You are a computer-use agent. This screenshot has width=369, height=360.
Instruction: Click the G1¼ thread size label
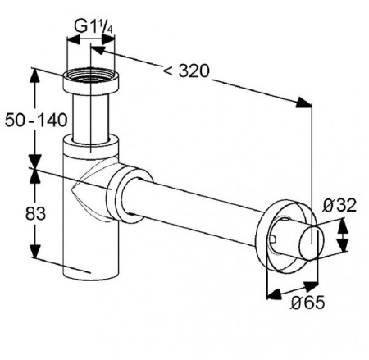tap(93, 27)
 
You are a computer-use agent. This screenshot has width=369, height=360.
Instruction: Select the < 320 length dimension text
tap(186, 71)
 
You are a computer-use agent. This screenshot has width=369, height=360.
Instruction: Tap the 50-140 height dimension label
tap(36, 120)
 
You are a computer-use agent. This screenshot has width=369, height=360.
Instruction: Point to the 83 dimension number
tap(35, 213)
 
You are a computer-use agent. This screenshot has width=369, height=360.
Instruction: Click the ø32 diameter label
tap(339, 205)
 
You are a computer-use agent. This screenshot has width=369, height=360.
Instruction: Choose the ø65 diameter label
tap(307, 303)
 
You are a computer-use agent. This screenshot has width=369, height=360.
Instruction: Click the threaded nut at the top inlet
tap(91, 81)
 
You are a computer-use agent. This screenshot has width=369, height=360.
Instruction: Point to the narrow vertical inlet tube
tap(91, 117)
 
